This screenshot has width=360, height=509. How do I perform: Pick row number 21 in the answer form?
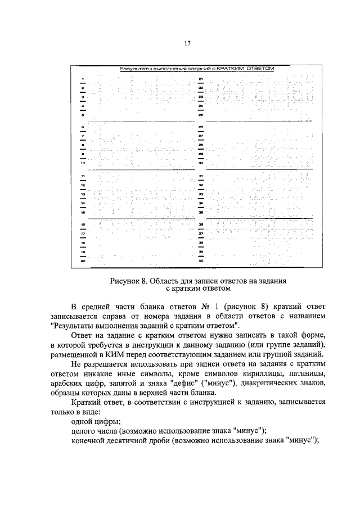200,79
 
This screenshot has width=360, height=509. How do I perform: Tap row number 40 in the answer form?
200,261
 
